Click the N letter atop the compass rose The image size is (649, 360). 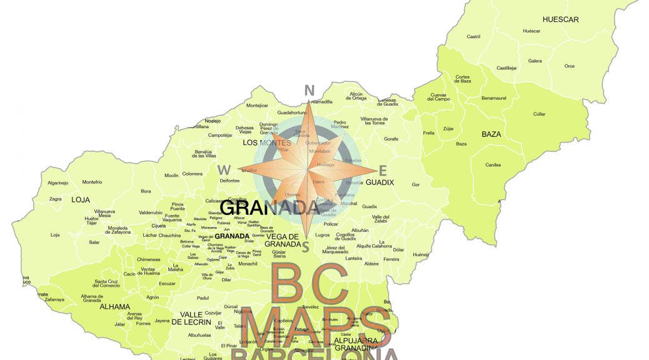(308, 91)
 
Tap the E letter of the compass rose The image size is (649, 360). (383, 170)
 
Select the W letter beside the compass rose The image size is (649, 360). (223, 169)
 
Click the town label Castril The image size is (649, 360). (473, 36)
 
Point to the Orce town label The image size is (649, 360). (569, 66)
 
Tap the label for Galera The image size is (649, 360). (535, 61)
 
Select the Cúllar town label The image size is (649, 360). (539, 114)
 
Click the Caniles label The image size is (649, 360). (493, 165)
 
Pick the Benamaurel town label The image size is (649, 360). (494, 98)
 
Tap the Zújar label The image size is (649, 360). (448, 129)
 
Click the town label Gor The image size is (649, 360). (416, 184)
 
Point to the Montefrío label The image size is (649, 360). (92, 182)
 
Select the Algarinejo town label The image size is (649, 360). (58, 183)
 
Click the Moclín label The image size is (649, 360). (171, 176)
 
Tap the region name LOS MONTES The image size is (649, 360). (267, 143)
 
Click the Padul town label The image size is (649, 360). (203, 298)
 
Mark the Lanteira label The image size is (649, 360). (354, 258)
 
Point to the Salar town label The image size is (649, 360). (94, 242)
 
